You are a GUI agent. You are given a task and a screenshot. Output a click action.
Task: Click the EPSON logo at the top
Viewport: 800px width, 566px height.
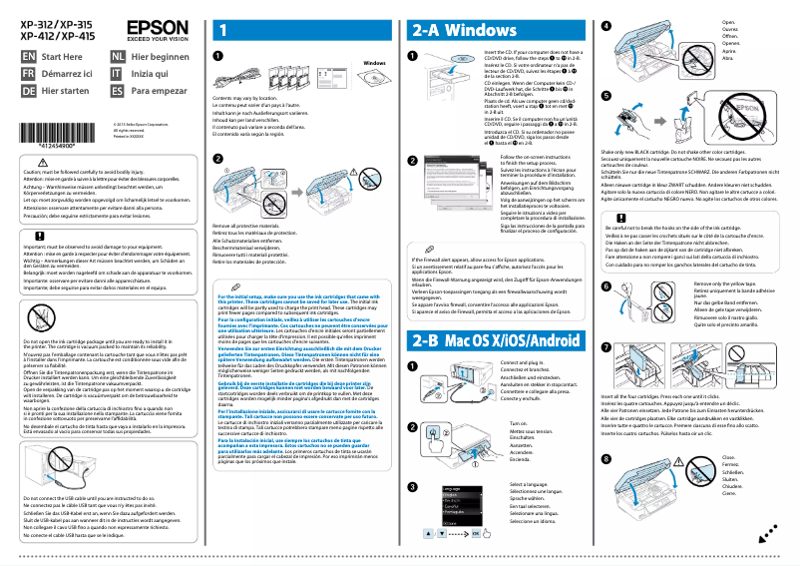pos(156,30)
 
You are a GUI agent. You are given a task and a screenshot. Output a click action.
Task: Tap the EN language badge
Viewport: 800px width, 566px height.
pos(29,57)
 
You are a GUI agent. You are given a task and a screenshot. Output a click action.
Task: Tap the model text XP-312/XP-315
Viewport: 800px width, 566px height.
pos(57,22)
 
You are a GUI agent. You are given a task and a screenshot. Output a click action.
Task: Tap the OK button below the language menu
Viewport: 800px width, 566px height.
pos(477,534)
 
